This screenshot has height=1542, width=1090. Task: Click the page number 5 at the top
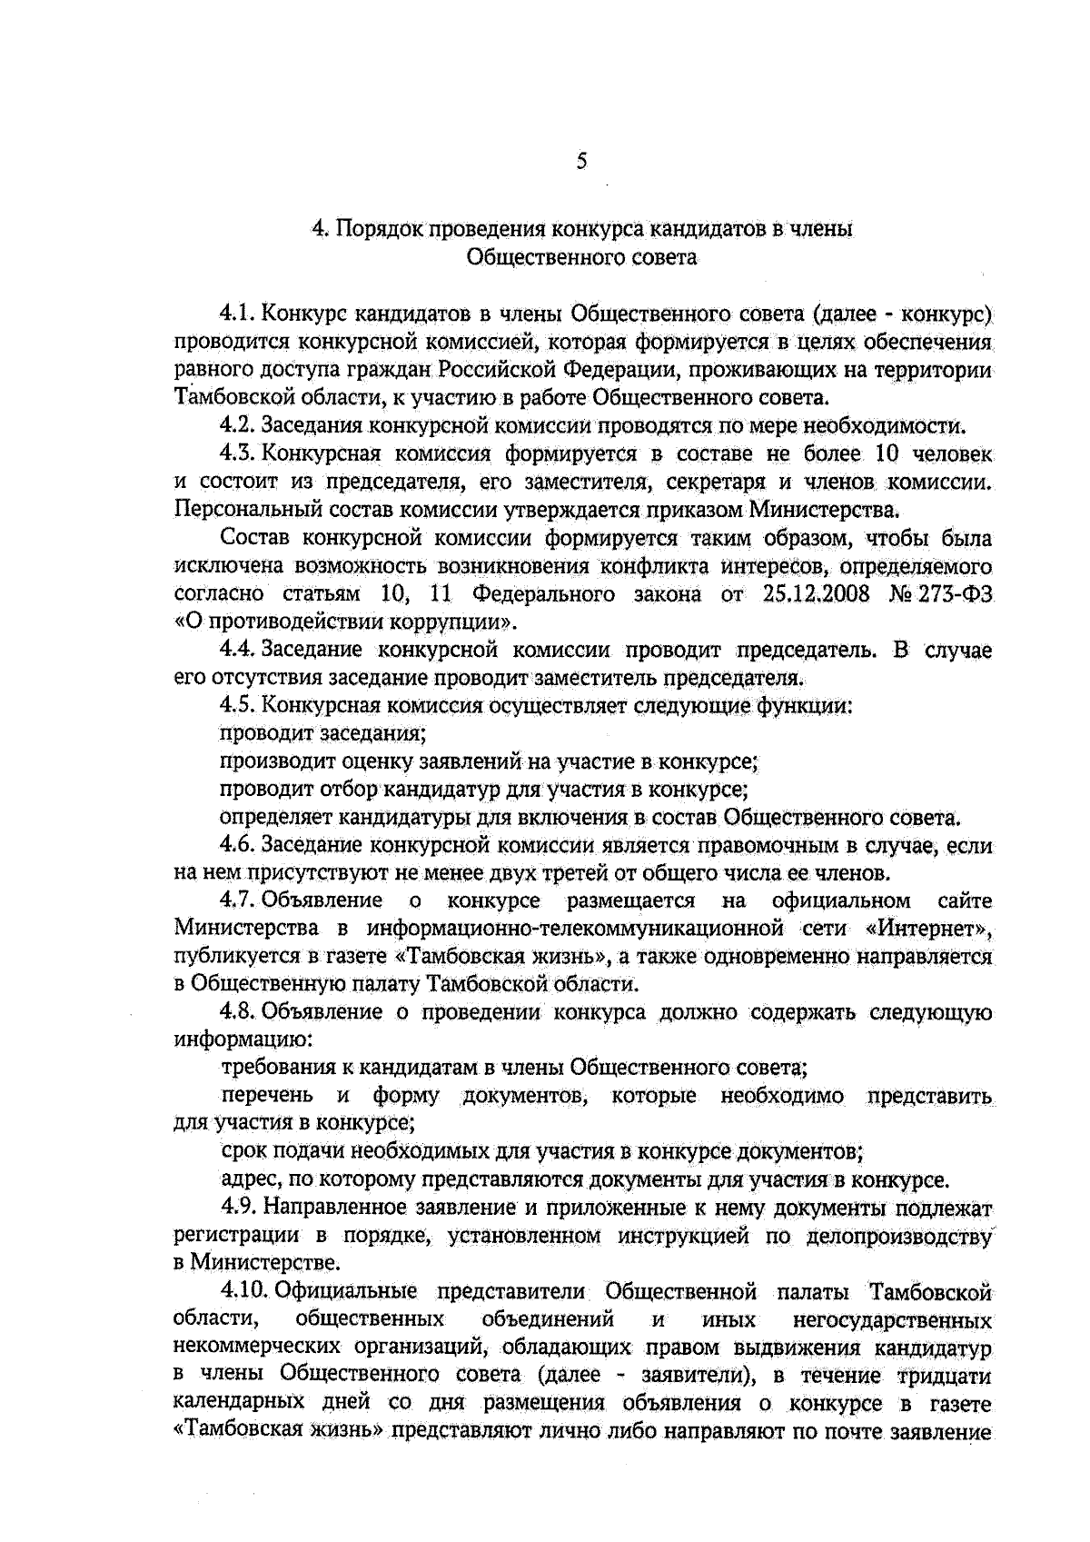coord(581,163)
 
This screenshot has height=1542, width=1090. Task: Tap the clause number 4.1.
coord(238,314)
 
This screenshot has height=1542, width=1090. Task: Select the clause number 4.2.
coord(238,425)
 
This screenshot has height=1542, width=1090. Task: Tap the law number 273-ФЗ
coord(957,594)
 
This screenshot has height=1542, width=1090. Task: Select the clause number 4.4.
coord(238,650)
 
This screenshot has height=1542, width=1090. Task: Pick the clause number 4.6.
coord(238,845)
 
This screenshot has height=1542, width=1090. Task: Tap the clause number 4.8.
coord(238,1012)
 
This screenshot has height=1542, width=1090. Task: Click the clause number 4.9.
coord(238,1208)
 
